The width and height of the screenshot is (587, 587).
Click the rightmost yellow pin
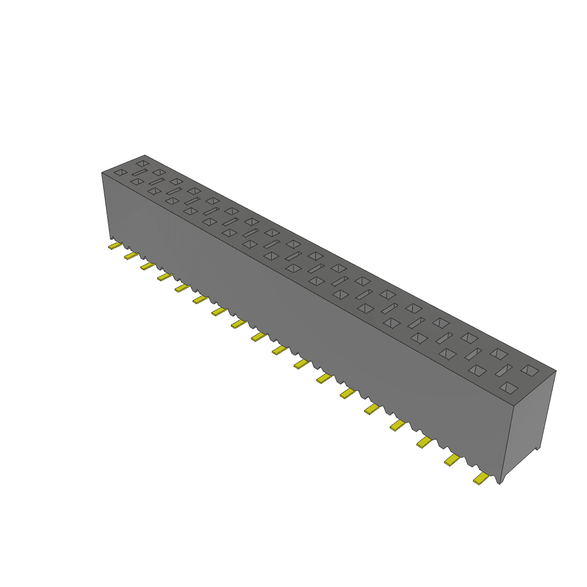[x=480, y=478]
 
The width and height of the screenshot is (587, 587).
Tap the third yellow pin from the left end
[x=148, y=265]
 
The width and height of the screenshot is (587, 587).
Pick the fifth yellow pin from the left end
[x=182, y=287]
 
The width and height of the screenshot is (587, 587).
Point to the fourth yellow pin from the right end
[x=397, y=425]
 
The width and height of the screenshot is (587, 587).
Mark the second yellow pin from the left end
[x=131, y=255]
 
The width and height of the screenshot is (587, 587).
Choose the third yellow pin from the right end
[x=424, y=441]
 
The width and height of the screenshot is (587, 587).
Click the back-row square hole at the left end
[x=142, y=163]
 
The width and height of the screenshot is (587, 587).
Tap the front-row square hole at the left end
[x=120, y=172]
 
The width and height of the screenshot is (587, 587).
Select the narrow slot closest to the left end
[x=139, y=172]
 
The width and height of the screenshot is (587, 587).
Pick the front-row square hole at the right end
[x=507, y=388]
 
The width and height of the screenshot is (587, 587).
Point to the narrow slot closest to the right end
[x=503, y=370]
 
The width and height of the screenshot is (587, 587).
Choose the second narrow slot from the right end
[x=473, y=354]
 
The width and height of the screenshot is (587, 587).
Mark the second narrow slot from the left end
[x=156, y=181]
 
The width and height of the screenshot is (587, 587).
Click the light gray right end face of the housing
[x=533, y=418]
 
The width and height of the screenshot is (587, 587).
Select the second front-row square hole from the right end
[x=476, y=370]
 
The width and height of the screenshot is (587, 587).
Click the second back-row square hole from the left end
[x=159, y=172]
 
